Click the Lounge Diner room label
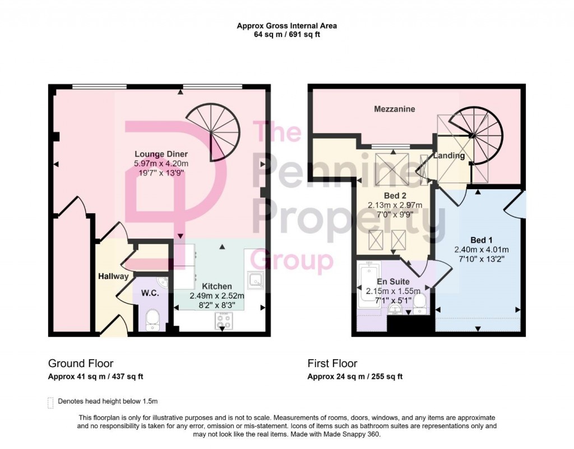(x=161, y=154)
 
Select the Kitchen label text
(x=217, y=286)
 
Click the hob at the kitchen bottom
(x=223, y=321)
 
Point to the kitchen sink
(x=256, y=279)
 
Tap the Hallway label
(x=114, y=276)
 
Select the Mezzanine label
(x=395, y=109)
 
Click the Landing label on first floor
(x=449, y=156)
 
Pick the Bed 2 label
(x=395, y=196)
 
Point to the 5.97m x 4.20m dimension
(x=161, y=163)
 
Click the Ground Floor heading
(x=81, y=364)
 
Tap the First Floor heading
(x=332, y=364)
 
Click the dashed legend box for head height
(x=52, y=402)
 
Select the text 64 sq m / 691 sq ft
(x=286, y=34)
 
